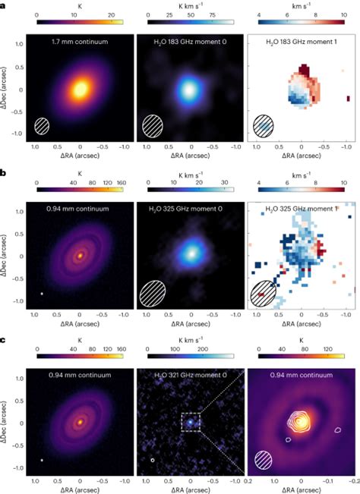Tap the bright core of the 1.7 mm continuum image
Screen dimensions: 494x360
[80, 90]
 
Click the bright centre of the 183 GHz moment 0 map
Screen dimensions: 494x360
[191, 89]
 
